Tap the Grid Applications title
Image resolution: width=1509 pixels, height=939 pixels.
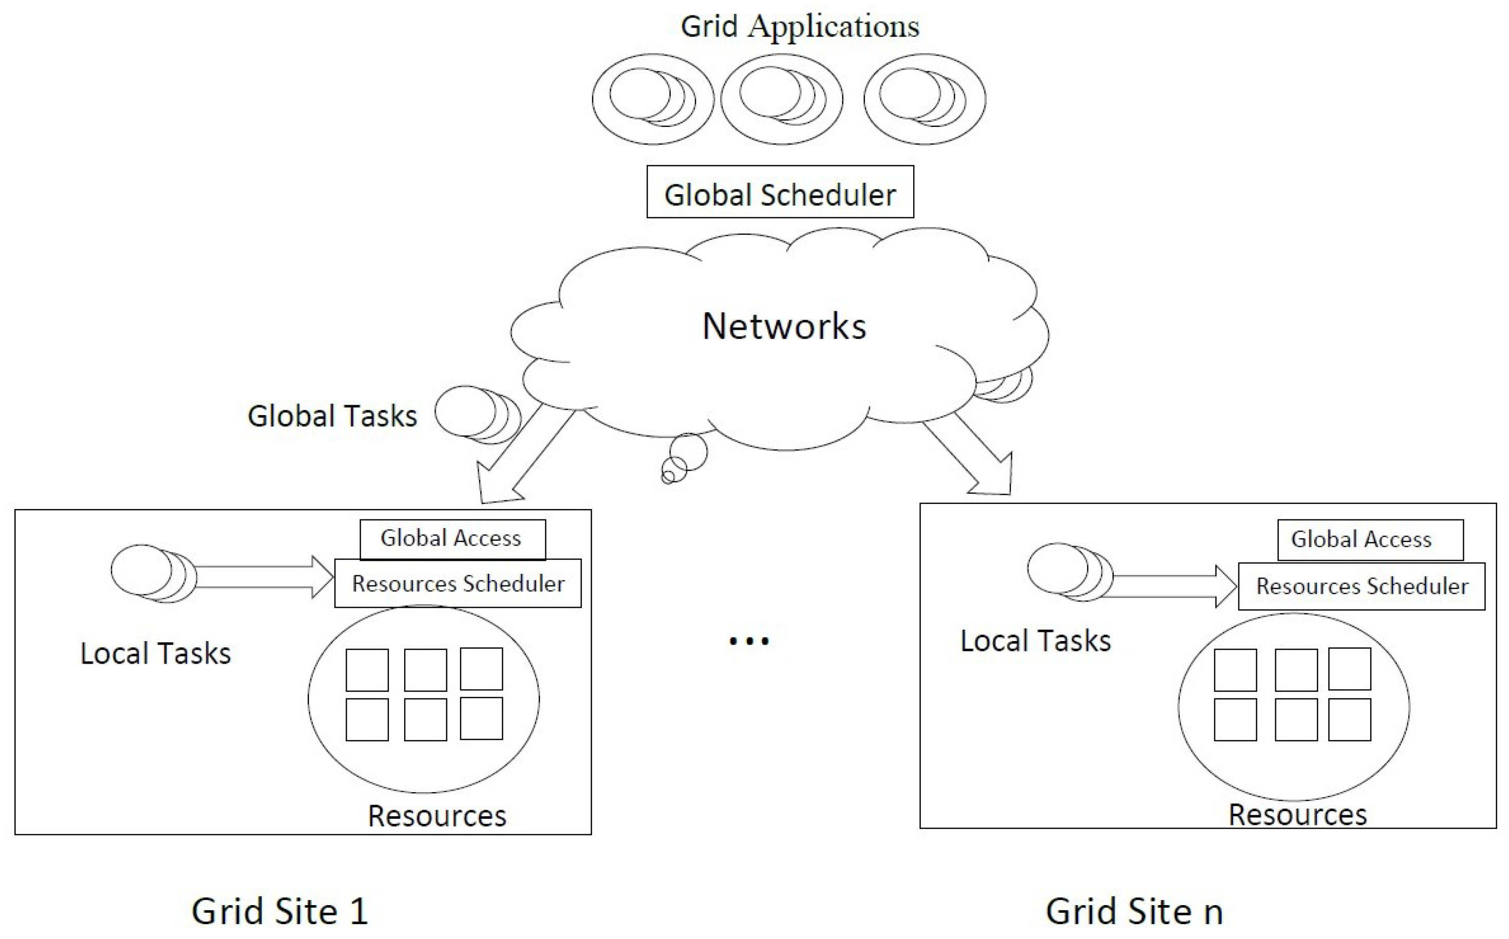(x=799, y=27)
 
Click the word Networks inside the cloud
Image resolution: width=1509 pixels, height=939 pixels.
(x=784, y=326)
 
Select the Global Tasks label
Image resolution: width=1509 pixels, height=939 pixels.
(x=332, y=416)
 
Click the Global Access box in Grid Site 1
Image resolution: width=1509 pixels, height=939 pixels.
(x=452, y=538)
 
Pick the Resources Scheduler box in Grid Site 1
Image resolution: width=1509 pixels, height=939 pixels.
(x=458, y=584)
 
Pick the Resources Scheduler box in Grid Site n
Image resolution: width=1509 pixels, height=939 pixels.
(x=1361, y=586)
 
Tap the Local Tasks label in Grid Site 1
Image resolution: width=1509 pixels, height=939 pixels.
(x=155, y=653)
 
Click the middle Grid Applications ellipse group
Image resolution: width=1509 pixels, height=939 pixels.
(x=781, y=99)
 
